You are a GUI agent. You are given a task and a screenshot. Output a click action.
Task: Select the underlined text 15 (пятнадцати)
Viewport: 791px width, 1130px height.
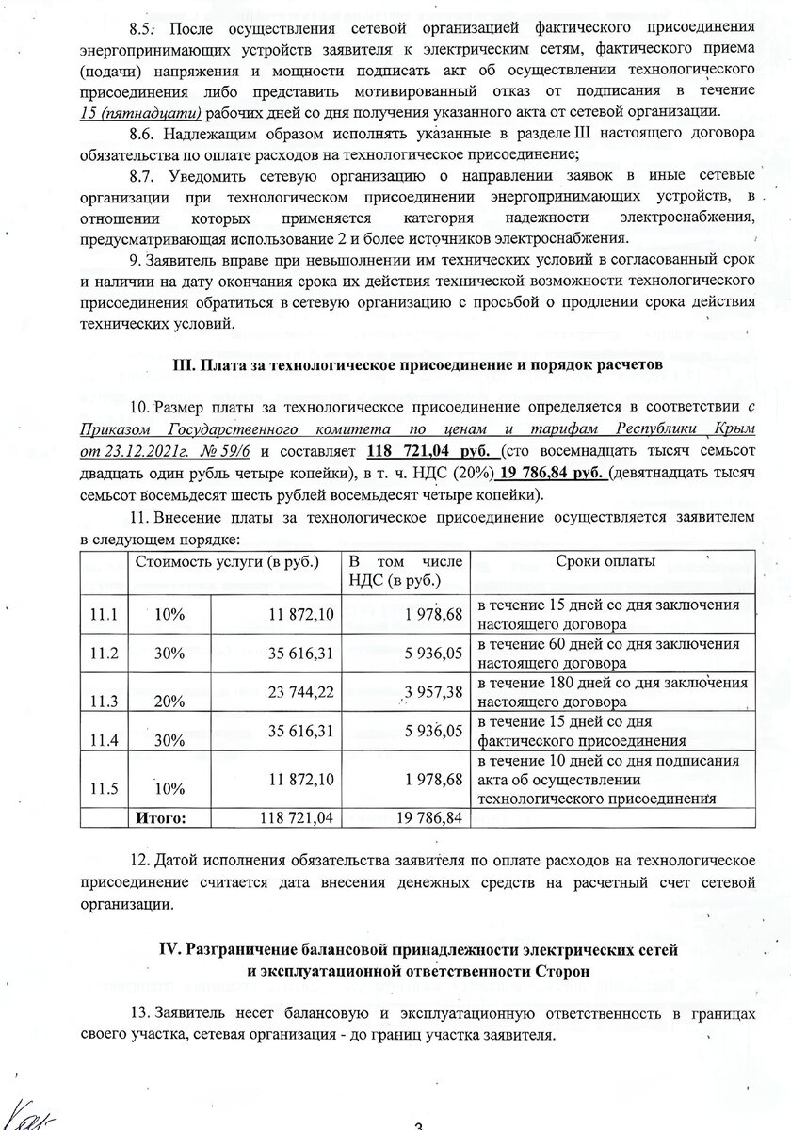tap(141, 111)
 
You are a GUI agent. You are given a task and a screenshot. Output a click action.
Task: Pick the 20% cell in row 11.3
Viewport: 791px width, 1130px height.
tap(169, 700)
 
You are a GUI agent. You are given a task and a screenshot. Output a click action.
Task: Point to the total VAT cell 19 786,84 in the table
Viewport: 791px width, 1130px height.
tap(427, 817)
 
